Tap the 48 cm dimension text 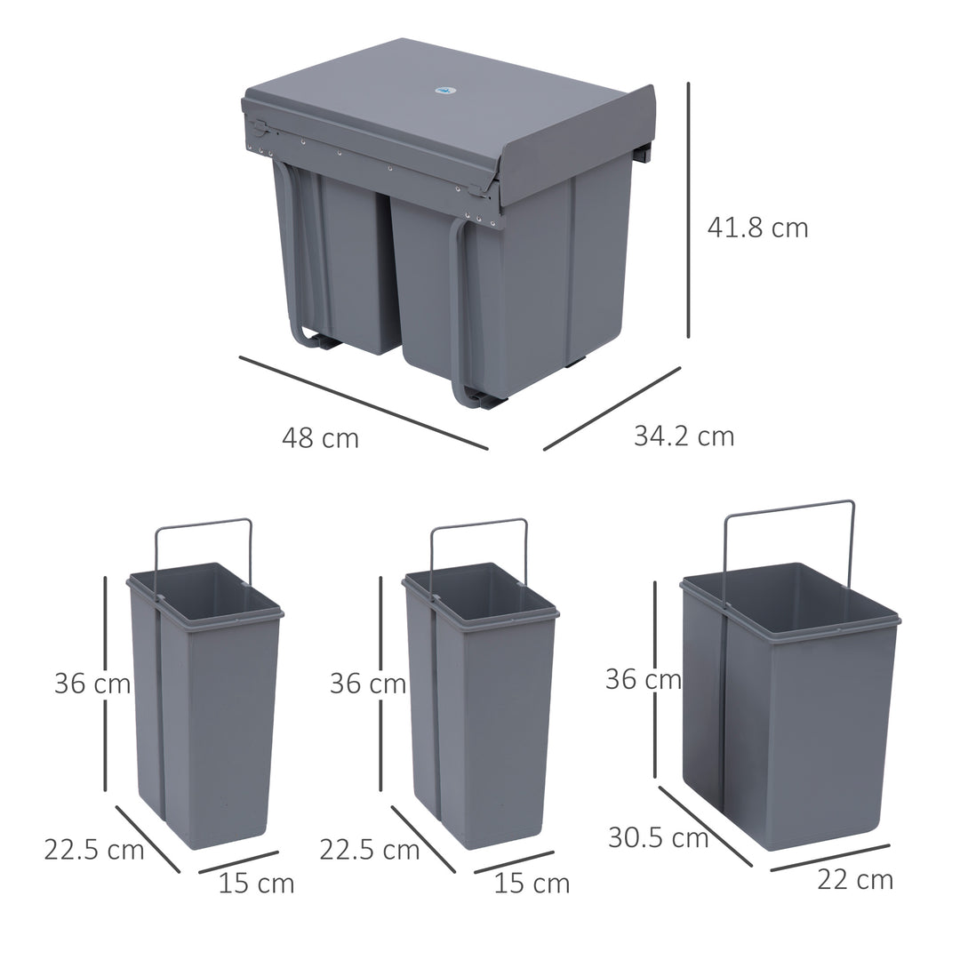pyautogui.click(x=320, y=437)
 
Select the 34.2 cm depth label pyautogui.click(x=684, y=436)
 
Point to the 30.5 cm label pyautogui.click(x=658, y=837)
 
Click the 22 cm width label pyautogui.click(x=854, y=879)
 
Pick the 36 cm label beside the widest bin pyautogui.click(x=643, y=679)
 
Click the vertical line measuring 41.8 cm pyautogui.click(x=688, y=210)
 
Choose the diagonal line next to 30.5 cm pyautogui.click(x=705, y=826)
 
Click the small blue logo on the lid pyautogui.click(x=444, y=89)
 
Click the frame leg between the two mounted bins pyautogui.click(x=457, y=311)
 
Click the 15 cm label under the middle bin pyautogui.click(x=532, y=884)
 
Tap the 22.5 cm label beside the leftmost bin pyautogui.click(x=93, y=850)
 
